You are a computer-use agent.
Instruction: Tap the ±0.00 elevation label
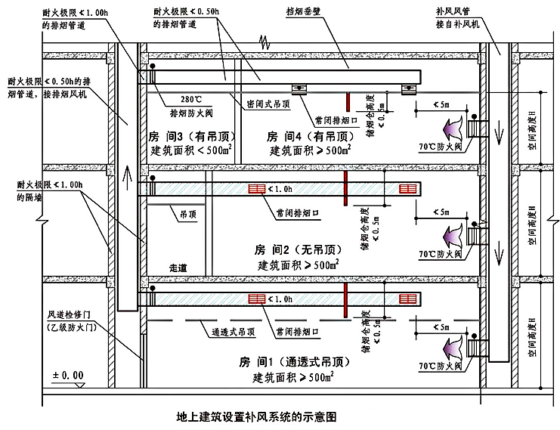point(69,375)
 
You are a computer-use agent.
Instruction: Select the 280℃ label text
point(192,100)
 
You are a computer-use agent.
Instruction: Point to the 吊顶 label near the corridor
point(188,215)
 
